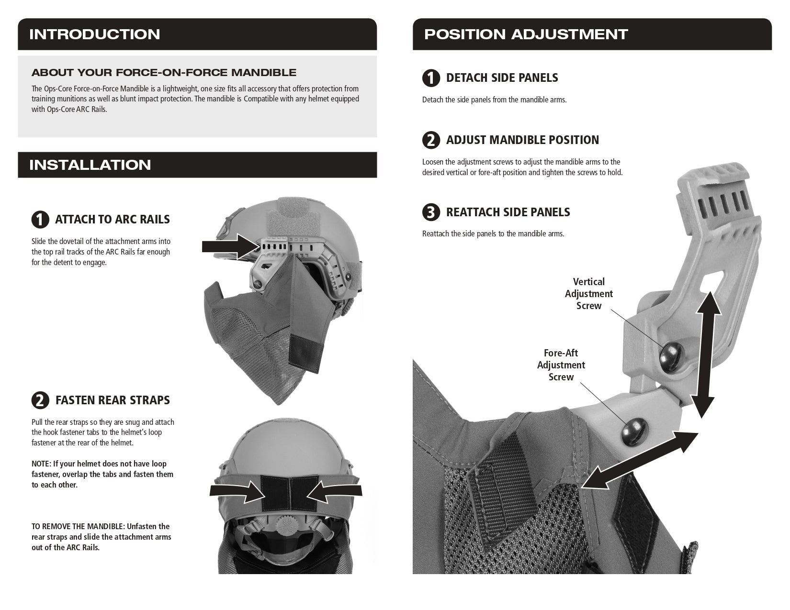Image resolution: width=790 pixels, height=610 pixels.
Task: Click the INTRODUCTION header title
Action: (x=94, y=34)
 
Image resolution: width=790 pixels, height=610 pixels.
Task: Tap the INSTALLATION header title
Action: (x=90, y=165)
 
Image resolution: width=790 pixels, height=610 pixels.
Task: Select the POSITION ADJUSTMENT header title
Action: (x=526, y=34)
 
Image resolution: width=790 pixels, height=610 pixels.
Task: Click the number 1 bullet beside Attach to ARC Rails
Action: (x=40, y=220)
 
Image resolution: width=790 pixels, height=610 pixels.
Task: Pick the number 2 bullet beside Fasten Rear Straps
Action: (x=40, y=400)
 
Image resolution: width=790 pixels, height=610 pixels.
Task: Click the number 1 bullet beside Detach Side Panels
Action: (x=431, y=78)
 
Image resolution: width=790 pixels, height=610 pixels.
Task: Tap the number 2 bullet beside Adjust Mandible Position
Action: (x=431, y=140)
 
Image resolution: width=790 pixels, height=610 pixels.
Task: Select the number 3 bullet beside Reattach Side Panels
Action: (x=431, y=212)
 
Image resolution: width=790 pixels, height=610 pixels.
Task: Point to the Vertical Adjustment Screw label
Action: (x=588, y=294)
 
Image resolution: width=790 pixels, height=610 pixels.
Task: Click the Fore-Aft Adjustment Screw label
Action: (x=561, y=365)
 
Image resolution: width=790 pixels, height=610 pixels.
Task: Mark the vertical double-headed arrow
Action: (x=705, y=354)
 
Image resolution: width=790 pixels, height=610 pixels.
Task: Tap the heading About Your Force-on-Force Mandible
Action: (x=164, y=73)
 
